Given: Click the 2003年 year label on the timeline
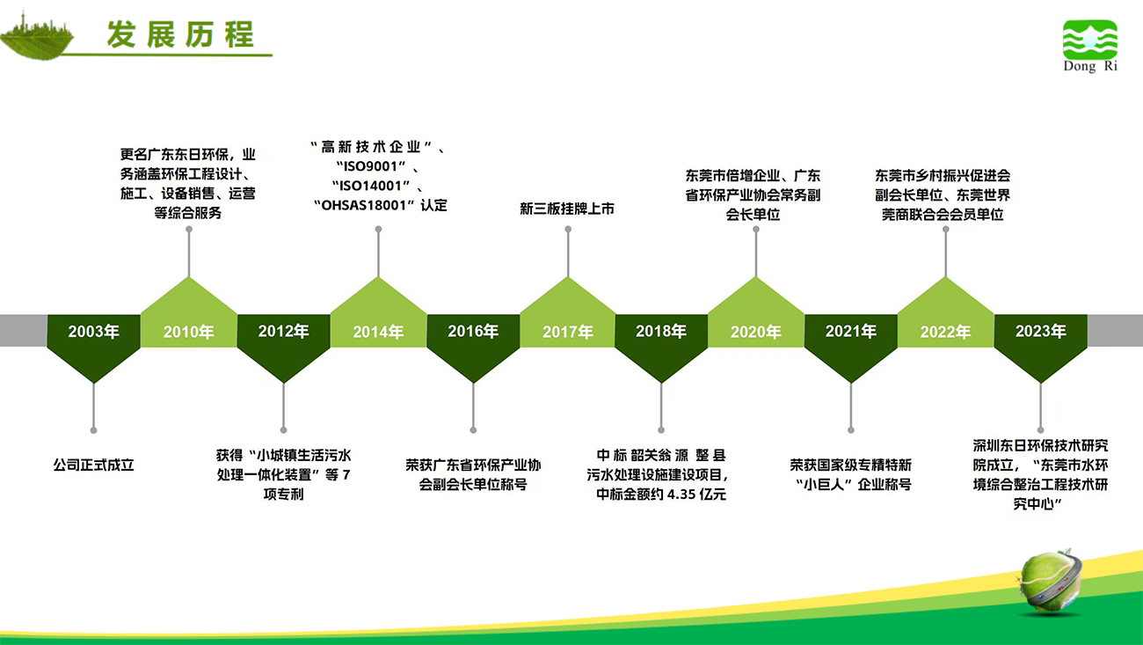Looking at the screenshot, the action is tap(93, 332).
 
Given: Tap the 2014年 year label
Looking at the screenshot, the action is tap(378, 332).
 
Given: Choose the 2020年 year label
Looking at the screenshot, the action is tap(756, 332).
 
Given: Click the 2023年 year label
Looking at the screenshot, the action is tap(1040, 332).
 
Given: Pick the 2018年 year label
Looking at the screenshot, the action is tap(661, 332).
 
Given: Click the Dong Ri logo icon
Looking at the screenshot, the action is tap(1090, 40).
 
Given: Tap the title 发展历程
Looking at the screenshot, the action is tap(180, 34).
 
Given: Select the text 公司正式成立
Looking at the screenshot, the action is tap(93, 465).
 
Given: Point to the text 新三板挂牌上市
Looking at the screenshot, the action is tap(567, 209).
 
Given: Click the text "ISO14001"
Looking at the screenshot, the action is tap(371, 186).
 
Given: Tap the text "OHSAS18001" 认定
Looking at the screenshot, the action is tap(381, 205).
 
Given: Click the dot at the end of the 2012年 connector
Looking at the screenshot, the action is tap(284, 430).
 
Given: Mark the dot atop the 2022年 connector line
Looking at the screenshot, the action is tap(945, 230).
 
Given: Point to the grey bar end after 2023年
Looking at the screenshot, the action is tap(1115, 331).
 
